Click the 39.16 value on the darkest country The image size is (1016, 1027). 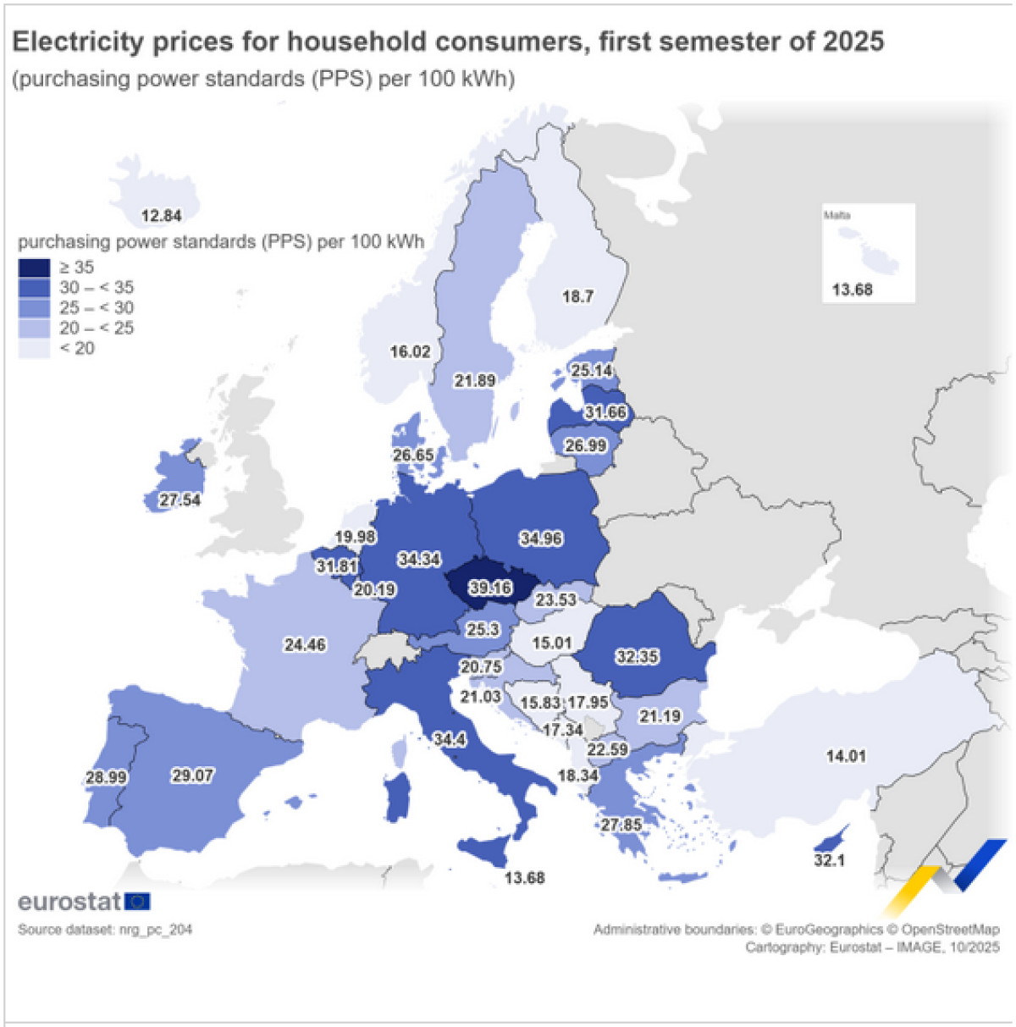click(491, 588)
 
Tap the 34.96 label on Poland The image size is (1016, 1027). click(541, 538)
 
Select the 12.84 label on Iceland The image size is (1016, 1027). click(161, 216)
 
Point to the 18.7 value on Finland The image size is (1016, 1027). click(577, 296)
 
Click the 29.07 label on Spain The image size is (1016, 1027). click(193, 775)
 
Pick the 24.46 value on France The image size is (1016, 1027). click(305, 645)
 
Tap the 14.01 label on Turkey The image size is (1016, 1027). click(846, 756)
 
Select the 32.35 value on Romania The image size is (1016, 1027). click(638, 656)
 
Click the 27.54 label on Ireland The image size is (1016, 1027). click(180, 500)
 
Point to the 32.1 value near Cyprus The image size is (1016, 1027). click(830, 860)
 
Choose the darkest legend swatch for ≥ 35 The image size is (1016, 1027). click(34, 268)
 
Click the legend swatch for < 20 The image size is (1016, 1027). click(34, 348)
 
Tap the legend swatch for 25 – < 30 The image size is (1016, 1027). click(34, 308)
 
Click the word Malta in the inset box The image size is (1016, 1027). click(837, 215)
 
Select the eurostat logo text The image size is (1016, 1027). click(69, 902)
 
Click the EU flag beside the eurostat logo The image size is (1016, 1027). click(137, 902)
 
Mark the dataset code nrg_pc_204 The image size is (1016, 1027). click(156, 930)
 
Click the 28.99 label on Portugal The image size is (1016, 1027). click(106, 777)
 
